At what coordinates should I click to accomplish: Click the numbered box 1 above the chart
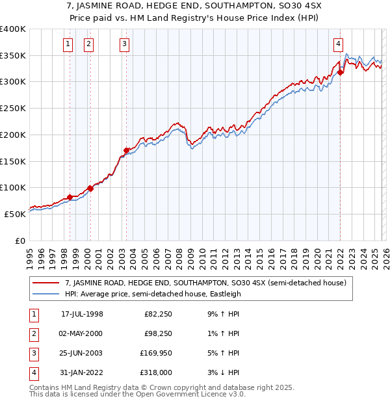click(x=68, y=44)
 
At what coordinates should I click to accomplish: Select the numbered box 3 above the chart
click(x=124, y=44)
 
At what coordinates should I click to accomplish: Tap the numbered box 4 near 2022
click(x=339, y=44)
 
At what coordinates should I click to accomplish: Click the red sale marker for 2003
click(x=127, y=151)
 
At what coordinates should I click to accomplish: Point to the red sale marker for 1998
click(x=70, y=197)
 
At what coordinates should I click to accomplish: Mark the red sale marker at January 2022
click(x=341, y=72)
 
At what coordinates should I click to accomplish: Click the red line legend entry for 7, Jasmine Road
click(x=207, y=283)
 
